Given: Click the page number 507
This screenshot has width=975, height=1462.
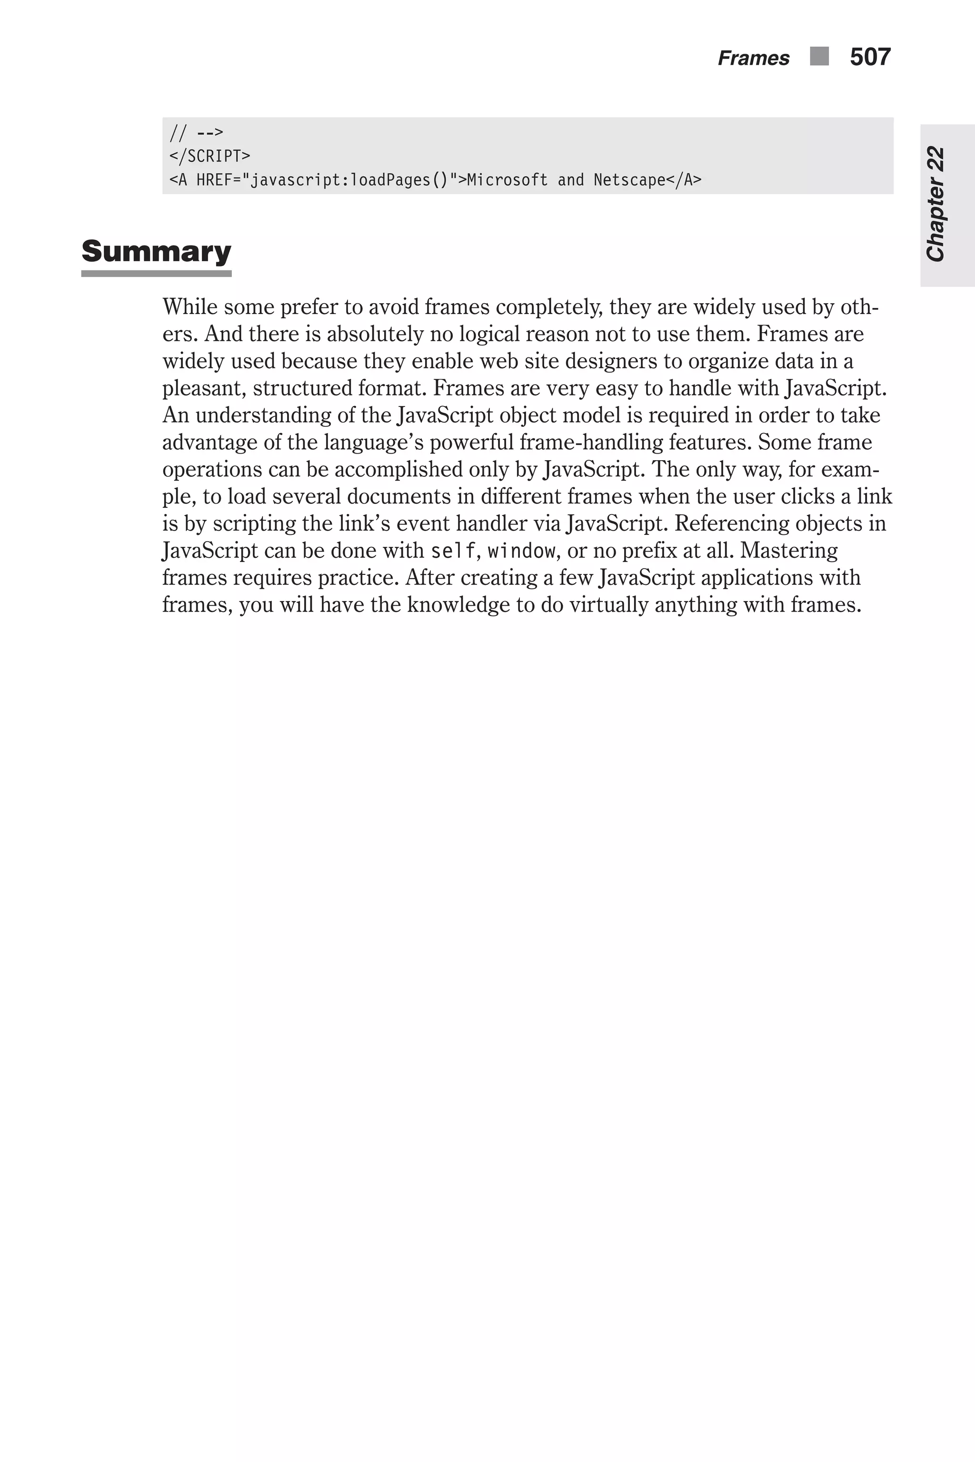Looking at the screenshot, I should point(870,57).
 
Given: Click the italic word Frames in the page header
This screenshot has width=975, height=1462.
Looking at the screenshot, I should point(753,59).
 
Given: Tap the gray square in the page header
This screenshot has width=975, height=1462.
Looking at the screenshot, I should point(819,57).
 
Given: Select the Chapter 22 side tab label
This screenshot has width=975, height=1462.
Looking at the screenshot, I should point(936,204).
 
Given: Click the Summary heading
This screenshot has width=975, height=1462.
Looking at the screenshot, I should point(156,251).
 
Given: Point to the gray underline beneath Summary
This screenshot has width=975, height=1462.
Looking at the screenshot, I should point(156,274).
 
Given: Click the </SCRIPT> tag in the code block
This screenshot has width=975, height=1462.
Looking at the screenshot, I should point(209,156).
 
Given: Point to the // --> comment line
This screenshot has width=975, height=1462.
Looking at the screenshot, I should point(196,132).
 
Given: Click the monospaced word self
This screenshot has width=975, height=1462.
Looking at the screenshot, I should point(453,551).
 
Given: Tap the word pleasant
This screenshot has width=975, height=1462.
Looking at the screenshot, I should point(203,388).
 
